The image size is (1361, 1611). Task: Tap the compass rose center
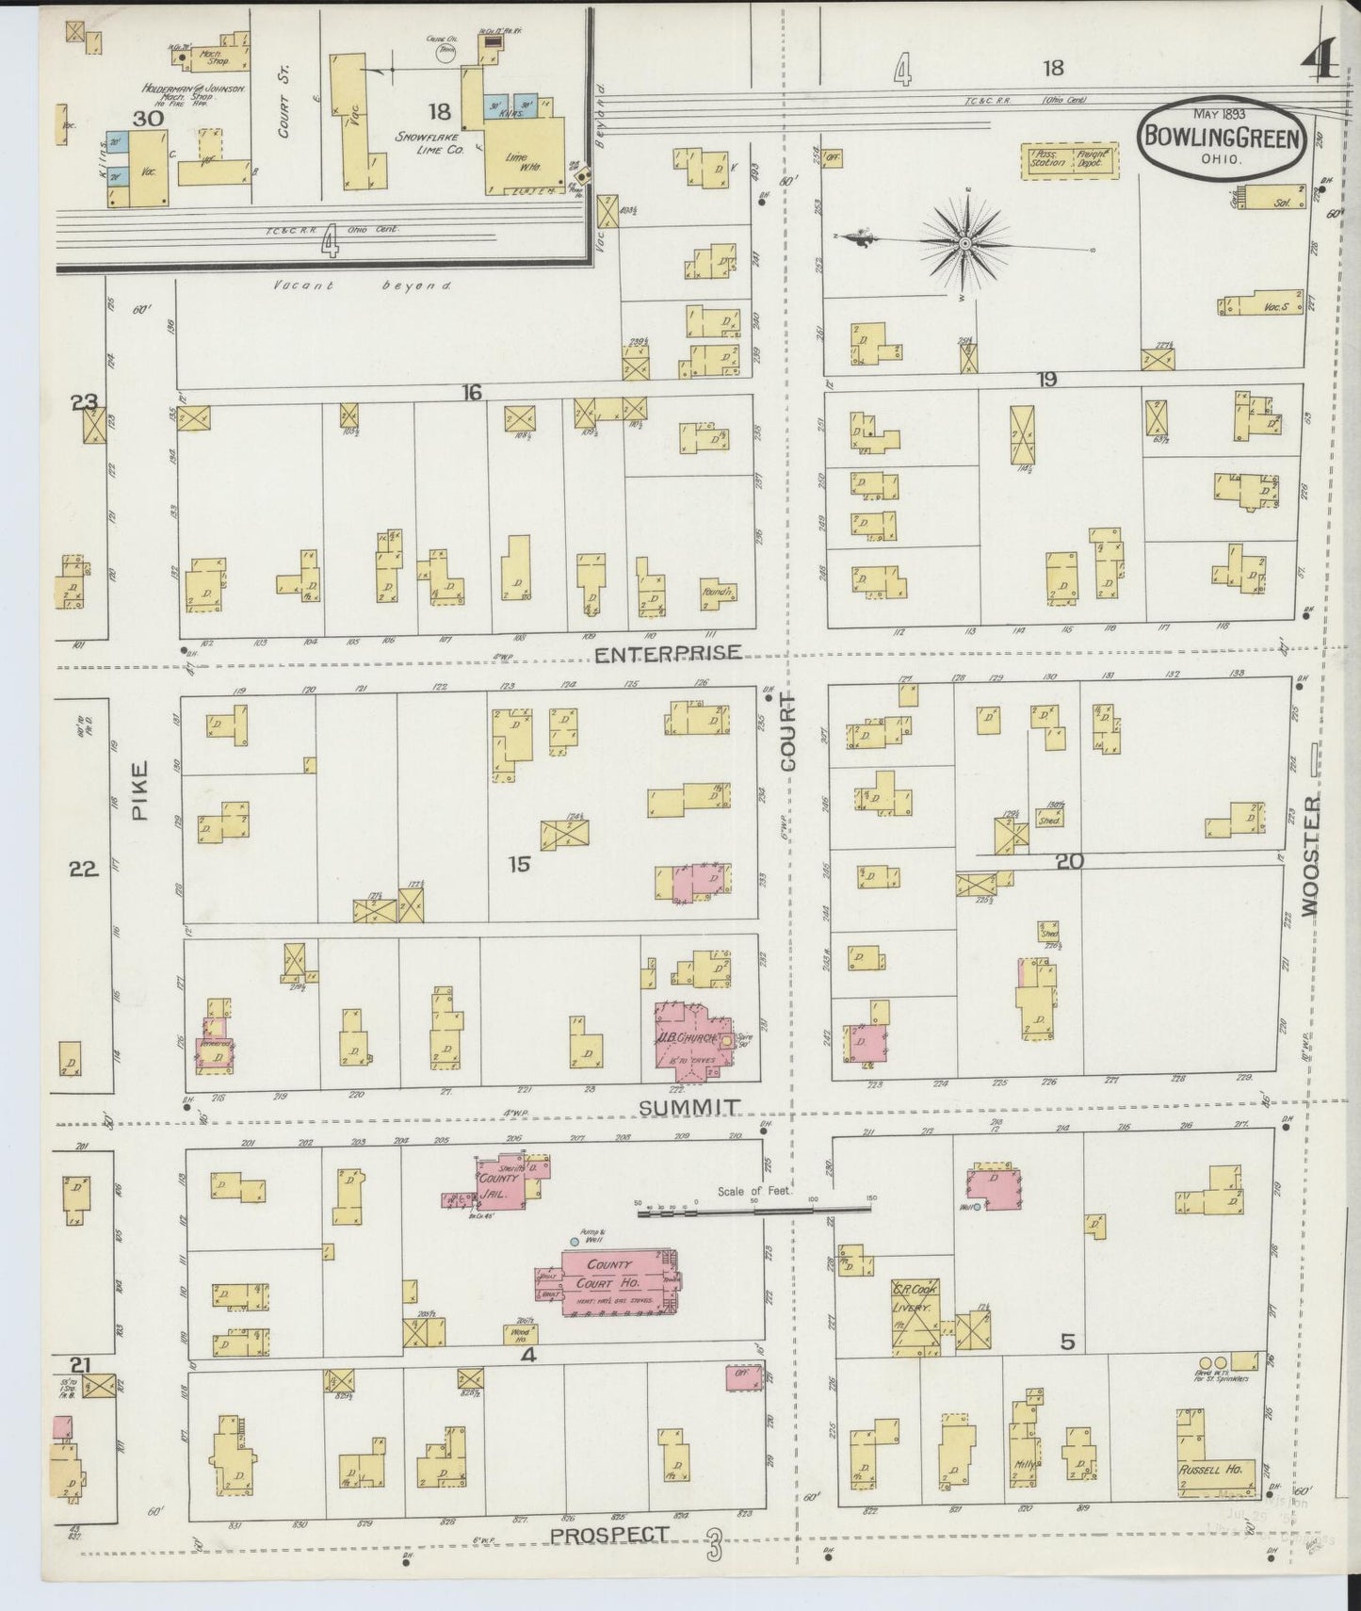(x=966, y=244)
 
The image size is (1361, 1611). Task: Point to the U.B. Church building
(x=698, y=1039)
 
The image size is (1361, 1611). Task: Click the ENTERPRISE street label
(x=668, y=653)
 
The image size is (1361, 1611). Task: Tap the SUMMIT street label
(x=689, y=1108)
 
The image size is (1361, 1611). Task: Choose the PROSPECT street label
(x=609, y=1535)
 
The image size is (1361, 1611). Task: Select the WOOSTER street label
(x=1311, y=854)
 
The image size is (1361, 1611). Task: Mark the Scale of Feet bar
(x=753, y=1212)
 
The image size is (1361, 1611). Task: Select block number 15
(x=519, y=863)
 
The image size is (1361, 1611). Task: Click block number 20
(x=1069, y=860)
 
